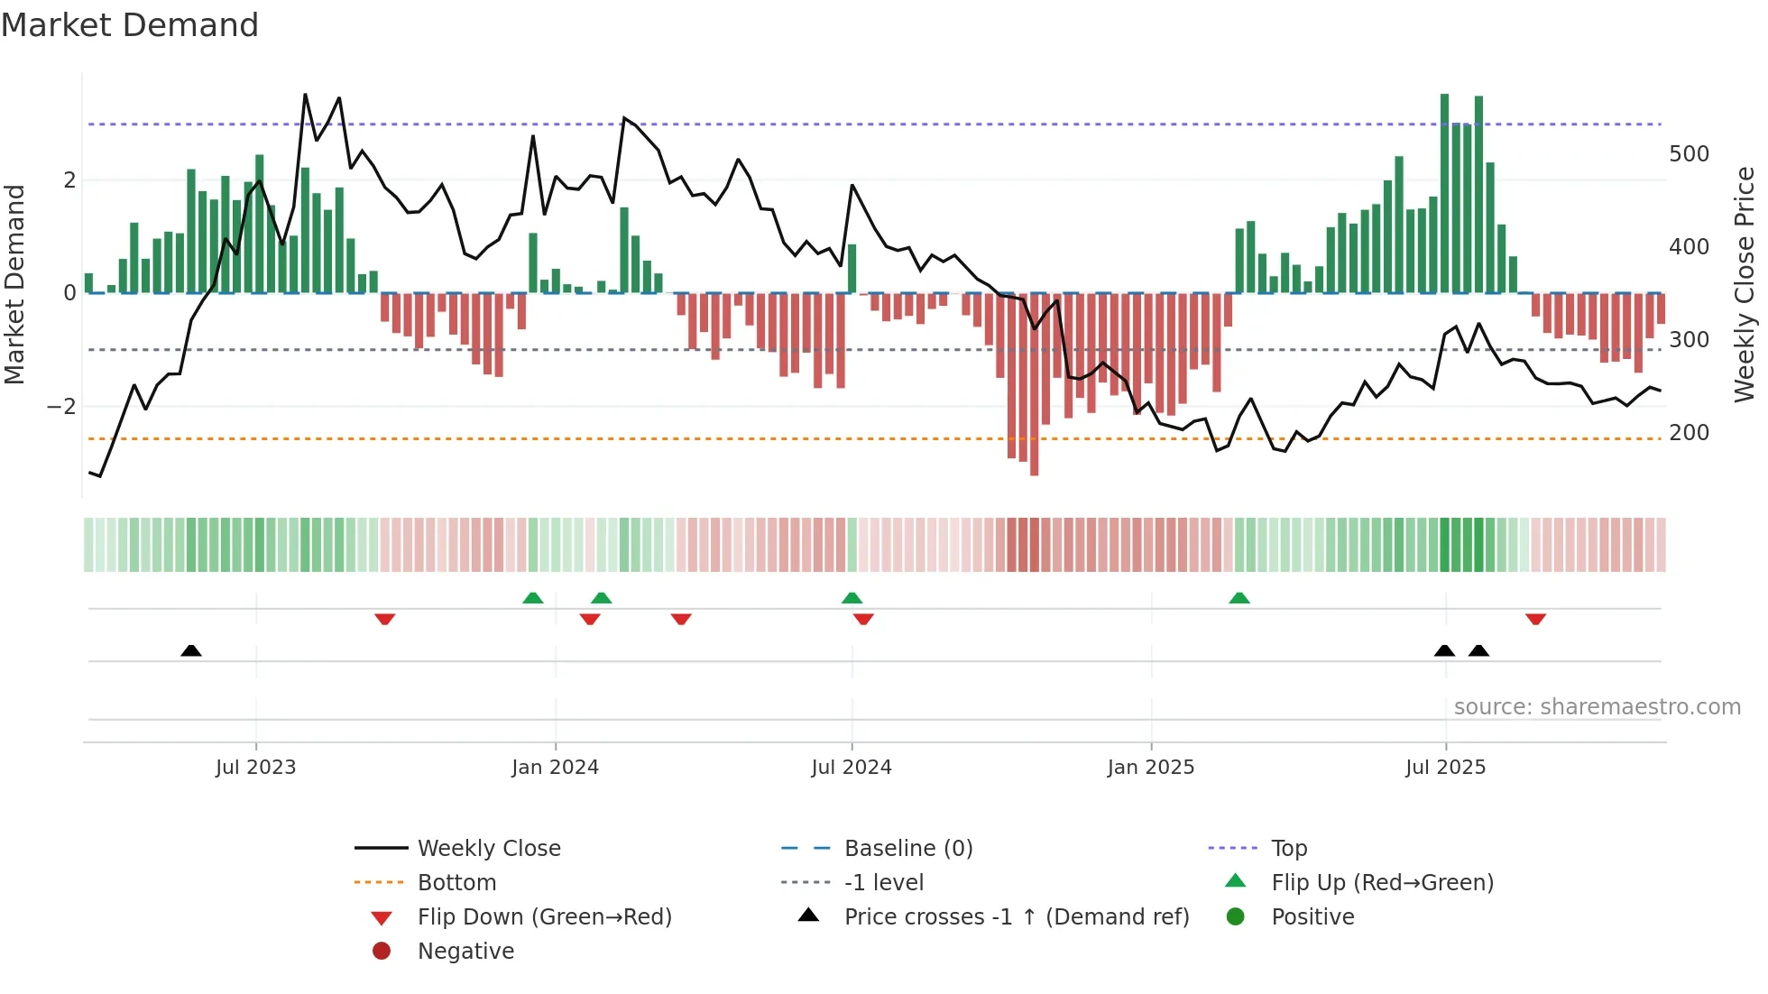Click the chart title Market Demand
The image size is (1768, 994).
(130, 25)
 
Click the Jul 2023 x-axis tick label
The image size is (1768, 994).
(255, 768)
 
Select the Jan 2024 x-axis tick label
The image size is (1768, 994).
(555, 768)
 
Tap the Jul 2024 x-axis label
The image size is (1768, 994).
(851, 768)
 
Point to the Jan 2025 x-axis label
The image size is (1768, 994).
(1150, 768)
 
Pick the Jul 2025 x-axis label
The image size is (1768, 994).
(1445, 768)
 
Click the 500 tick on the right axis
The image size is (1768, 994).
(1689, 154)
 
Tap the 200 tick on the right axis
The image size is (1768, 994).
(1689, 433)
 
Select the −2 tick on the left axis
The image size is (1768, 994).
(61, 407)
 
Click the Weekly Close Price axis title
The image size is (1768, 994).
(1745, 284)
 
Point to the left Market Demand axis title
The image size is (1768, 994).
(14, 284)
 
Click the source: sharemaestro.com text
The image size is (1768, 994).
(1597, 707)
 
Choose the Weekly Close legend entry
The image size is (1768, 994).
(488, 849)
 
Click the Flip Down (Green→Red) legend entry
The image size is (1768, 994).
(544, 917)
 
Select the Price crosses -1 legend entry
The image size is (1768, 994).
(1016, 917)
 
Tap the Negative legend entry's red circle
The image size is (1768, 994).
(382, 952)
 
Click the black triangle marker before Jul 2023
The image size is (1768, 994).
(191, 651)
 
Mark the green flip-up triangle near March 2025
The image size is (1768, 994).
(1239, 598)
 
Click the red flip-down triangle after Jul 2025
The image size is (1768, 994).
(1535, 619)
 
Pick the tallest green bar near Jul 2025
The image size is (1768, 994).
(1444, 194)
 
